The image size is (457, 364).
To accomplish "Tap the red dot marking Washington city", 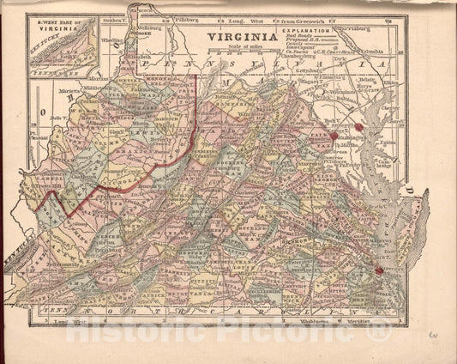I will (x=335, y=135).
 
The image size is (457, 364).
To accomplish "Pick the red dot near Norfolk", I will (x=377, y=271).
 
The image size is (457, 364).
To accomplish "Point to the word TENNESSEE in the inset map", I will (x=51, y=72).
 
